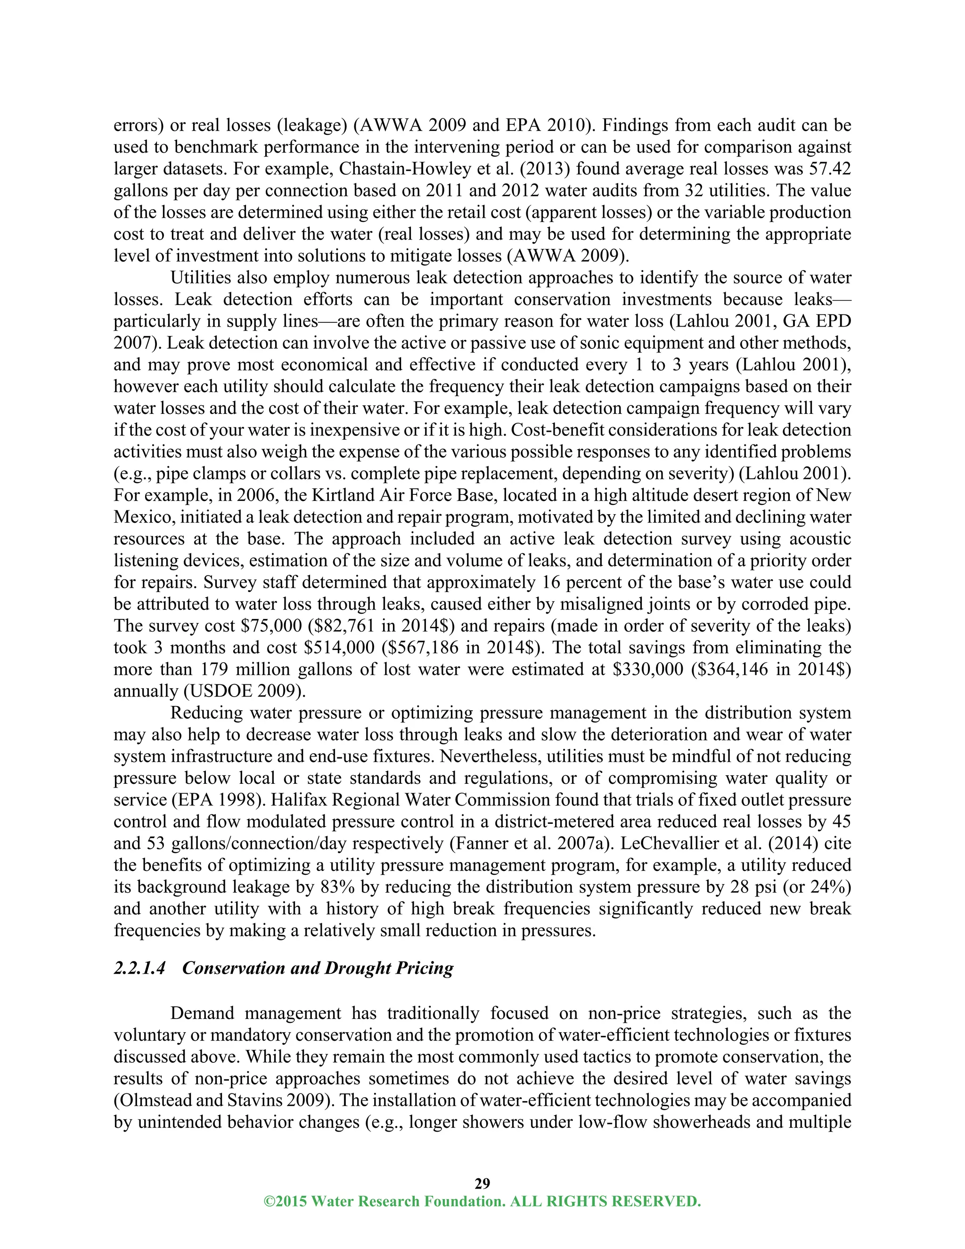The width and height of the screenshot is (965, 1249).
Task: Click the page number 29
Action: point(482,1183)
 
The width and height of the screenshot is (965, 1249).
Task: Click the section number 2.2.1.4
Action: point(139,968)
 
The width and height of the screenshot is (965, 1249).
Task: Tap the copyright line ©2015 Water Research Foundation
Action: point(482,1201)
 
